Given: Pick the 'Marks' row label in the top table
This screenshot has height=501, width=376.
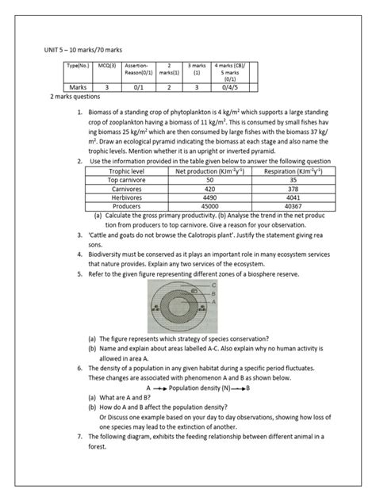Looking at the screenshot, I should [x=78, y=87].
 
